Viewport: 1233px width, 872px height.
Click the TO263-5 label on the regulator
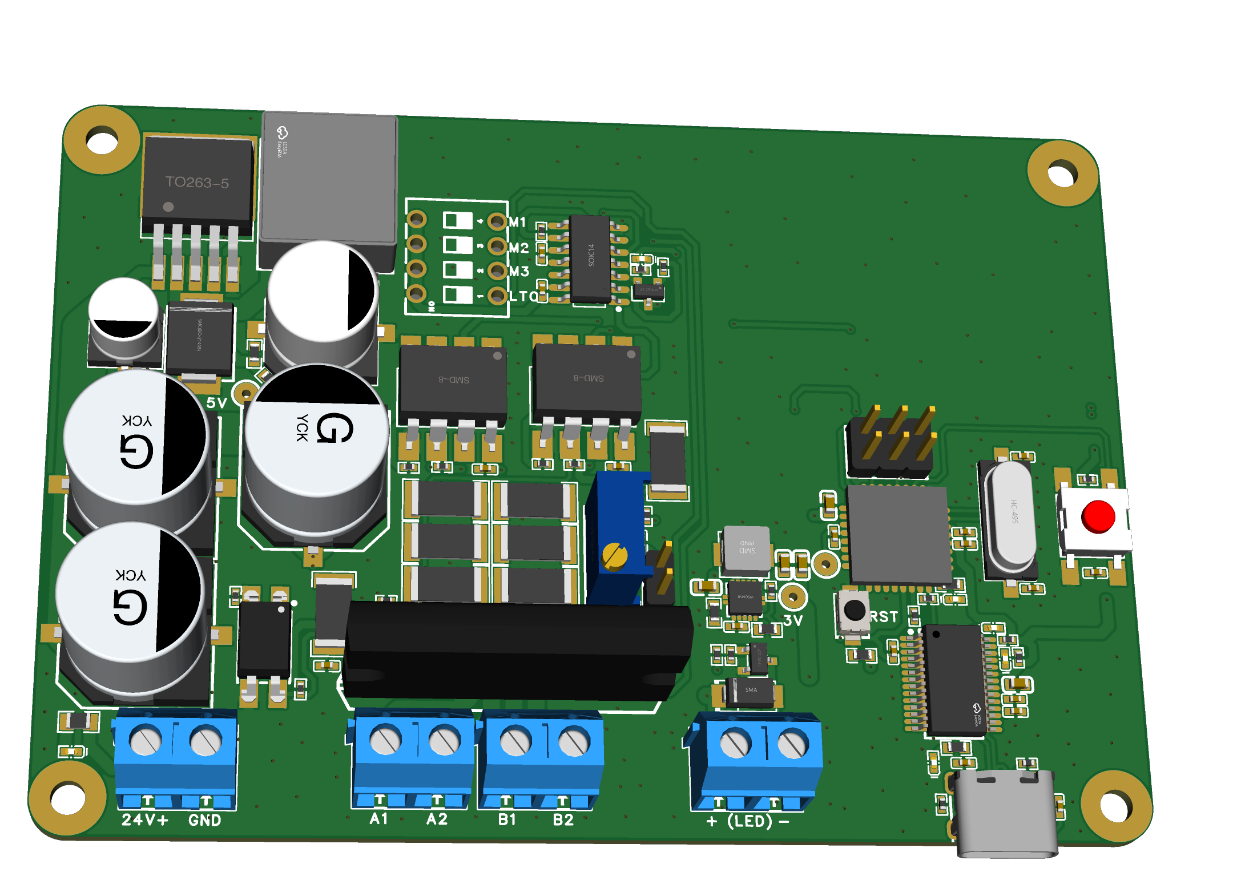coord(197,183)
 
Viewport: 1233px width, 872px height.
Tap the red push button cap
coord(1097,516)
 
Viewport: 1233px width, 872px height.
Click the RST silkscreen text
coord(884,617)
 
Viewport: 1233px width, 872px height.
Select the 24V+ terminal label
coord(145,820)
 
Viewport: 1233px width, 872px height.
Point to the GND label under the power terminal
coord(204,820)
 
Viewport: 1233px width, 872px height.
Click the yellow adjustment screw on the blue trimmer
coord(615,555)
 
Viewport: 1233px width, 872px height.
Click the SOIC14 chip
coord(590,258)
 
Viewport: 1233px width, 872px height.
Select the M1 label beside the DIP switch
coord(518,222)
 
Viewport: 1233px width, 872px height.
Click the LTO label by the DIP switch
coord(523,297)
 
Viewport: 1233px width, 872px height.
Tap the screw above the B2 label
coord(574,742)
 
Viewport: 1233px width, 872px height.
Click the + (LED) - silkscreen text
coord(748,821)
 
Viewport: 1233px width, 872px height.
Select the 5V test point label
coord(216,403)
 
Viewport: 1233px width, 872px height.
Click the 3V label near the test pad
coord(793,620)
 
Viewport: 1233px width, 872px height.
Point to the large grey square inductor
coord(329,180)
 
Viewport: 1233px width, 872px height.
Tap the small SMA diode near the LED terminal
coord(750,691)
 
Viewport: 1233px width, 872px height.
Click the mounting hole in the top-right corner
coord(1062,173)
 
